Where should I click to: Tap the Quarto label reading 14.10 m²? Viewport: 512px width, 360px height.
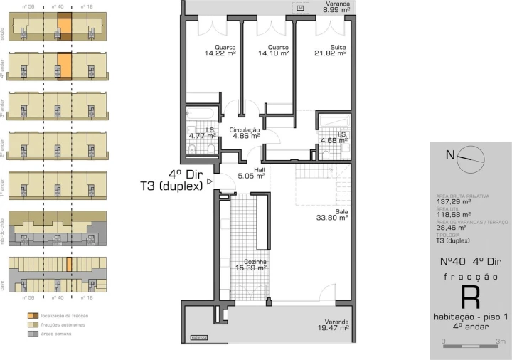(x=274, y=51)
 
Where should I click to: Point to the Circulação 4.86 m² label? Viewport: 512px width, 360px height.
(x=245, y=132)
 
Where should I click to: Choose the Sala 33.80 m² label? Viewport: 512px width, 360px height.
(x=331, y=215)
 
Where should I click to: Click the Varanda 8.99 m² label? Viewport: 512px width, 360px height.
(x=336, y=8)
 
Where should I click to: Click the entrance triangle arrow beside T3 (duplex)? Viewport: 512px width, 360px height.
(x=209, y=182)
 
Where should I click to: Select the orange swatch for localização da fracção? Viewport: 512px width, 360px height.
(x=12, y=314)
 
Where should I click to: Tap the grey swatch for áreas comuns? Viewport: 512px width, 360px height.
(x=12, y=332)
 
